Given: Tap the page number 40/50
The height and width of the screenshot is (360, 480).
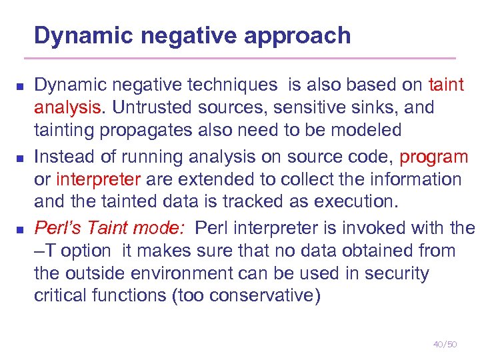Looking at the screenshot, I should [x=445, y=344].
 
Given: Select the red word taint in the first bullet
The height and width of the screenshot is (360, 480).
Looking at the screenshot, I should [x=447, y=85].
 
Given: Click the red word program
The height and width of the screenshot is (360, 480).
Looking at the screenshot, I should [x=434, y=157].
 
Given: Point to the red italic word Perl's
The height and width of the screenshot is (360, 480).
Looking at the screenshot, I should [x=59, y=229].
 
